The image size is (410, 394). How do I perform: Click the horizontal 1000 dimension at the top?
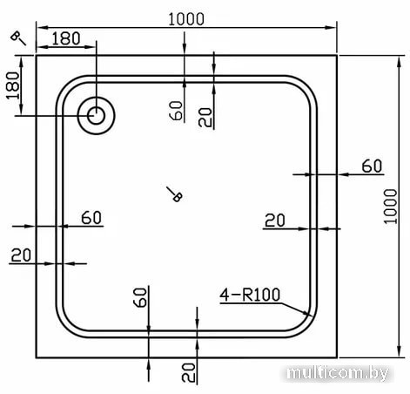[x=186, y=19]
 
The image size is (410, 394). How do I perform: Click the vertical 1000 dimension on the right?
[x=391, y=207]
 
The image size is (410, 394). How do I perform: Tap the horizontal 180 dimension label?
[x=66, y=38]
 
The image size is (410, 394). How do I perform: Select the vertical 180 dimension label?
[x=13, y=85]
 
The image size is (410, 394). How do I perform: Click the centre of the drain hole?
[x=96, y=116]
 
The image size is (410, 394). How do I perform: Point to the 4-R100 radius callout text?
[x=250, y=295]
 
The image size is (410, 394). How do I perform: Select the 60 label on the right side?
[x=372, y=166]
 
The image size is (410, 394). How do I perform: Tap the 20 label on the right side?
[x=275, y=221]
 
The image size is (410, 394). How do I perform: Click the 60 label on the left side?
[x=91, y=218]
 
